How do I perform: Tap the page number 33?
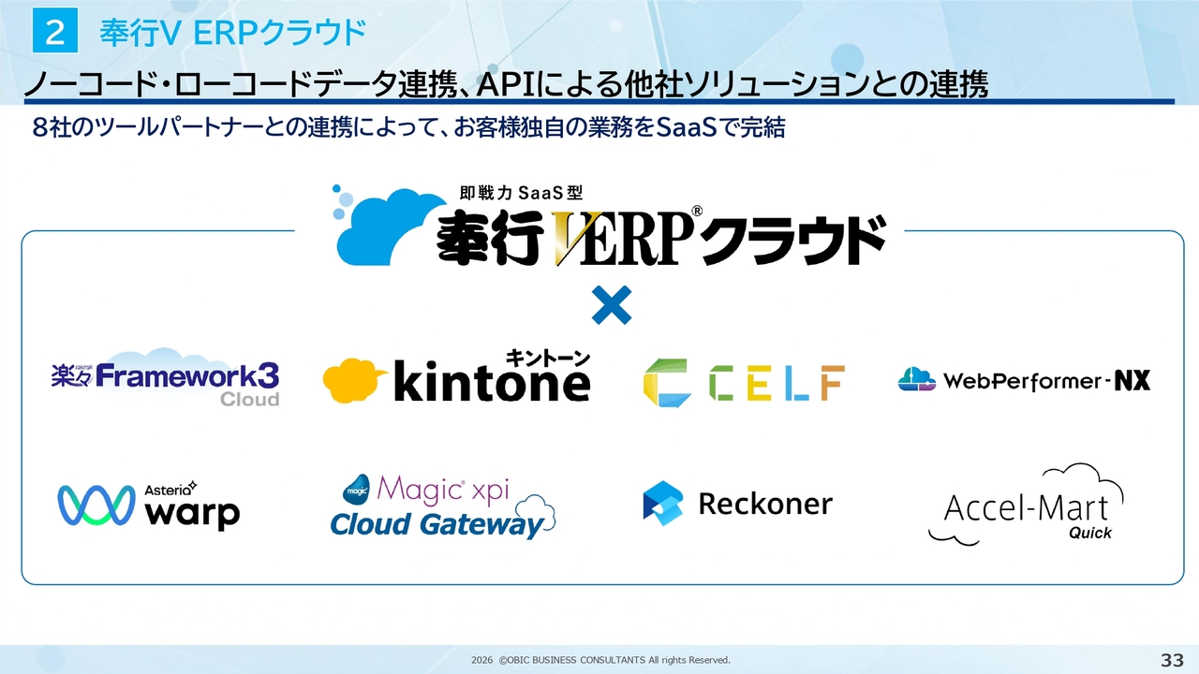point(1172,660)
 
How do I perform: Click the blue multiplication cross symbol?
point(612,305)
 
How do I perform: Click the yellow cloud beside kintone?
point(354,382)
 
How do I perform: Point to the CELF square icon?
point(666,383)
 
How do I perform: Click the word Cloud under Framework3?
point(249,400)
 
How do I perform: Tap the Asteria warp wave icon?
point(96,505)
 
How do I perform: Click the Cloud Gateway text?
point(437,524)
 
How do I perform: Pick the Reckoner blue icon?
point(663,503)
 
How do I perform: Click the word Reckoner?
point(764,504)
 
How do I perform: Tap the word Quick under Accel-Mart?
point(1089,533)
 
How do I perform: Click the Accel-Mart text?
point(1026,508)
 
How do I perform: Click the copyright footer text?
point(600,660)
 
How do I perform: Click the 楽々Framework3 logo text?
point(165,375)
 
